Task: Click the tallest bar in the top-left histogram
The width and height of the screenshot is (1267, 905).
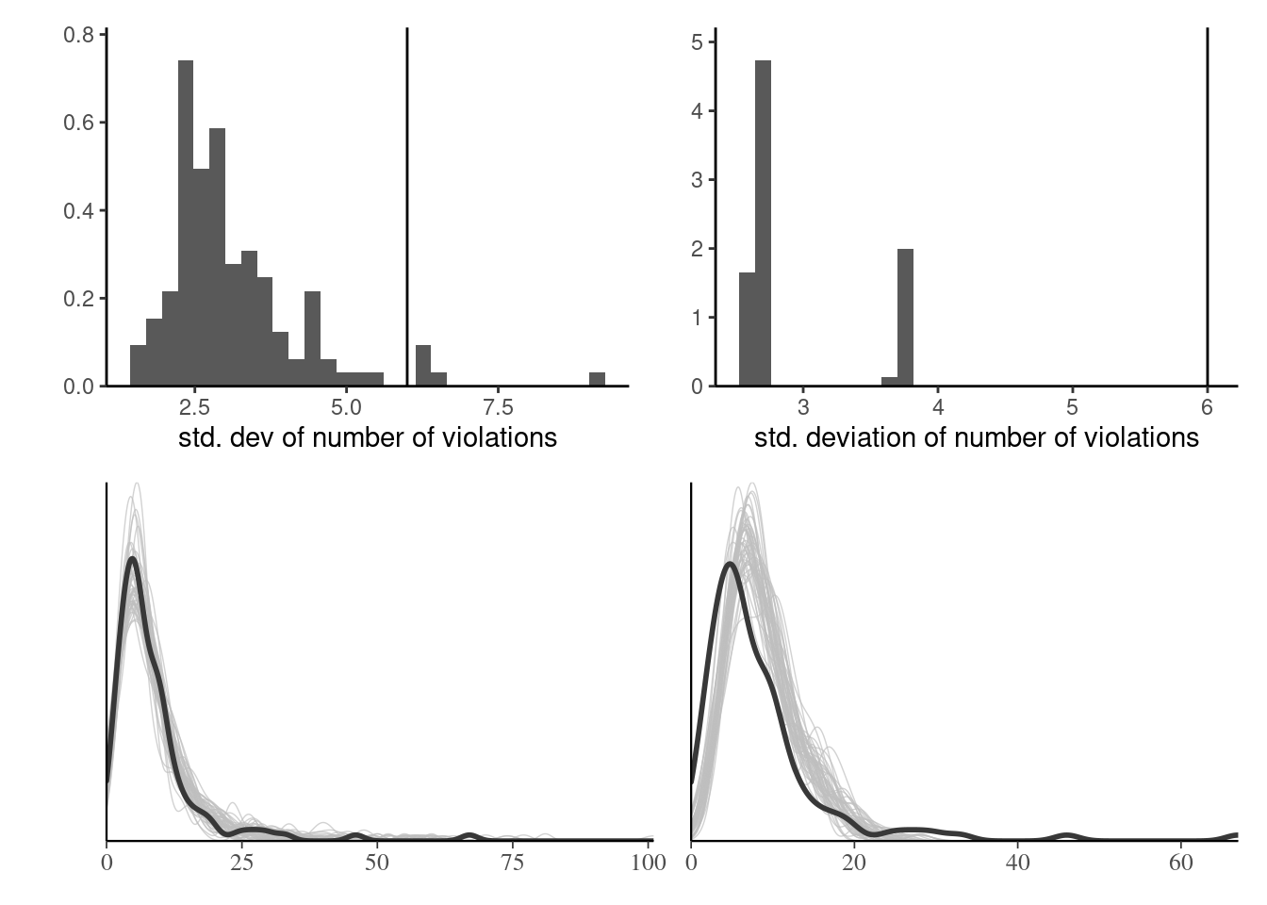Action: click(x=186, y=226)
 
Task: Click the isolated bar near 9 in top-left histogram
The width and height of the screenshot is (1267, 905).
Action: click(x=597, y=379)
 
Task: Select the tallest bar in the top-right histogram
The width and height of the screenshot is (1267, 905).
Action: click(x=764, y=226)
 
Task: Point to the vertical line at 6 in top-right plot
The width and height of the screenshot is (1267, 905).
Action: click(x=1208, y=207)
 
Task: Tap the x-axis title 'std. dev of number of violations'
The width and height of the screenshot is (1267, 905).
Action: click(x=368, y=437)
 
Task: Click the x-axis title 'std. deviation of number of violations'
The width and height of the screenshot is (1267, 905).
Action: click(x=977, y=437)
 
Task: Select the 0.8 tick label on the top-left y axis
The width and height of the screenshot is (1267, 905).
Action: click(x=78, y=35)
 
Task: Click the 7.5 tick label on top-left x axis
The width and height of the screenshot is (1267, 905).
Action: click(x=498, y=407)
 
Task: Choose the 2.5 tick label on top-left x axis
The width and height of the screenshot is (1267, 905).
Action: click(x=194, y=407)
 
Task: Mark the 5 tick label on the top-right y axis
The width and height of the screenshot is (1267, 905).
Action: click(x=697, y=42)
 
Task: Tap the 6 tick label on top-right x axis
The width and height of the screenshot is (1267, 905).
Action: click(x=1208, y=407)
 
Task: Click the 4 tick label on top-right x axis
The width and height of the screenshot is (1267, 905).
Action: click(x=938, y=407)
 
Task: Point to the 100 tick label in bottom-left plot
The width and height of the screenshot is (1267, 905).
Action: click(x=649, y=863)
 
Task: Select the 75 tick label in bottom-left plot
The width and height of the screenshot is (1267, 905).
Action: click(x=512, y=863)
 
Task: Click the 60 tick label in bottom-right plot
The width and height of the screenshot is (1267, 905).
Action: click(x=1180, y=863)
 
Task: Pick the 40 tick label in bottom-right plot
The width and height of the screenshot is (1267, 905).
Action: click(x=1017, y=863)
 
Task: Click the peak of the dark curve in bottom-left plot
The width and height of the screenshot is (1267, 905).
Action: click(x=132, y=559)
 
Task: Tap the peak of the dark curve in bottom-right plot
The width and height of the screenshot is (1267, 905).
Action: click(x=731, y=564)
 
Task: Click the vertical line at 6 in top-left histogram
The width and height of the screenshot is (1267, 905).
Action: click(x=407, y=207)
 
